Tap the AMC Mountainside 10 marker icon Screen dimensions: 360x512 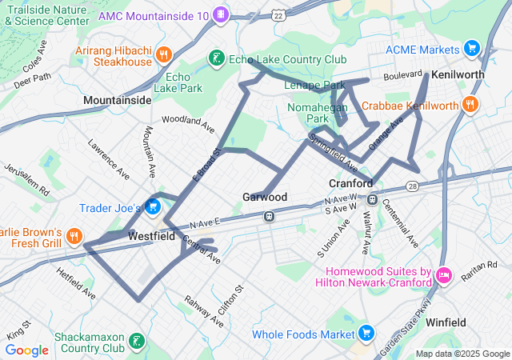(221, 15)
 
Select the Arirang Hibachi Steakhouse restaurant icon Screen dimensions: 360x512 (163, 54)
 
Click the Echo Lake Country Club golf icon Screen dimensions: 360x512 (215, 58)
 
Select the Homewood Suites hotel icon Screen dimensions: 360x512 (442, 278)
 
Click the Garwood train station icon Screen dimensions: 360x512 (270, 215)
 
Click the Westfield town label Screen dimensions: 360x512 (151, 237)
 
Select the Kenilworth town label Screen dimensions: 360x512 (458, 74)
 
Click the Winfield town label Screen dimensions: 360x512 (446, 322)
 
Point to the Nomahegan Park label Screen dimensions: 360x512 (308, 112)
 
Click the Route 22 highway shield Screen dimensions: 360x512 (278, 15)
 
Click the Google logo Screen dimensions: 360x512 (27, 350)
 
